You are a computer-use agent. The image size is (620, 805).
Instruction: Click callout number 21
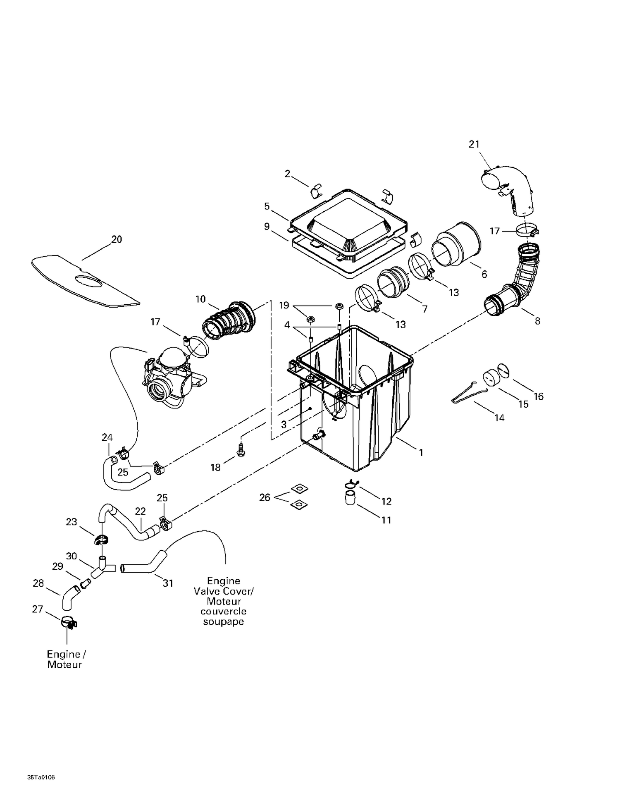coord(474,144)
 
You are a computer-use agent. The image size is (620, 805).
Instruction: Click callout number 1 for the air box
coord(421,453)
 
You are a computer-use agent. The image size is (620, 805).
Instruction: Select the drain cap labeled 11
coord(350,498)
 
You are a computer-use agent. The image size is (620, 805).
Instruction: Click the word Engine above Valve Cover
coord(224,581)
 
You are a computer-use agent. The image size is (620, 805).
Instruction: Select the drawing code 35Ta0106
coord(41,777)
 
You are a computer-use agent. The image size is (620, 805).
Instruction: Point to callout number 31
coord(167,583)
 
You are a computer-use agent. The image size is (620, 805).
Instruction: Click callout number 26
coord(265,497)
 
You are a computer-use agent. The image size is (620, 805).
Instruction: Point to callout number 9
coord(267,226)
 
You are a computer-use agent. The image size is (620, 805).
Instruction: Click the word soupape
coord(223,622)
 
